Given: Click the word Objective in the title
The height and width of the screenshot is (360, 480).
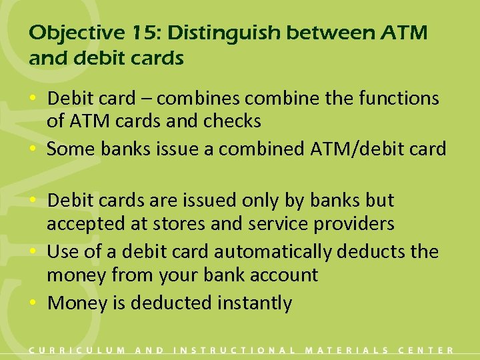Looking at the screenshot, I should click(x=66, y=32).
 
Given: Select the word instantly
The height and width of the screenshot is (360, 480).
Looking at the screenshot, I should click(x=255, y=303).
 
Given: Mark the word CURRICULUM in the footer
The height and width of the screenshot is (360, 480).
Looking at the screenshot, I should click(x=77, y=350).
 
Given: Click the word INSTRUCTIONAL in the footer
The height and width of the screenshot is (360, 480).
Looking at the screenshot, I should click(x=234, y=350).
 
